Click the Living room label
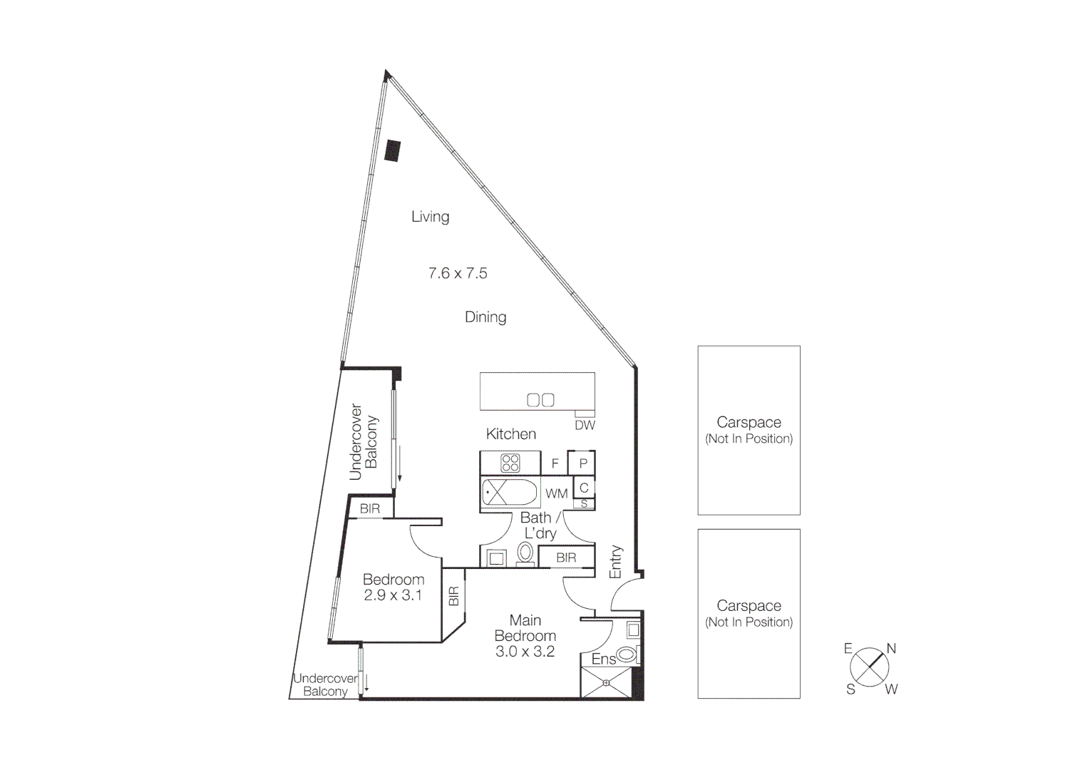click(430, 217)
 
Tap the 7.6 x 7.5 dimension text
click(458, 273)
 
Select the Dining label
click(485, 317)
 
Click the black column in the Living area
click(392, 150)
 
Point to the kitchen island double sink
click(540, 400)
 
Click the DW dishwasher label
click(585, 426)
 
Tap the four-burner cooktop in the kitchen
click(510, 463)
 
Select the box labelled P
click(582, 463)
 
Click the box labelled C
click(584, 488)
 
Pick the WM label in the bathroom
click(556, 493)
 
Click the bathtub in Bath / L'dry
click(509, 493)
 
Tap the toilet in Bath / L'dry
click(525, 553)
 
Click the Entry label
click(616, 562)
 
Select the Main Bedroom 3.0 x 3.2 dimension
click(525, 652)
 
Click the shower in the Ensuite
click(606, 683)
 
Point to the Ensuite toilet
click(627, 654)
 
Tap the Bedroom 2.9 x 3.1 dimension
click(393, 595)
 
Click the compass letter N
click(890, 649)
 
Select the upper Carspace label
click(749, 423)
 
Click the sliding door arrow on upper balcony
click(400, 463)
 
